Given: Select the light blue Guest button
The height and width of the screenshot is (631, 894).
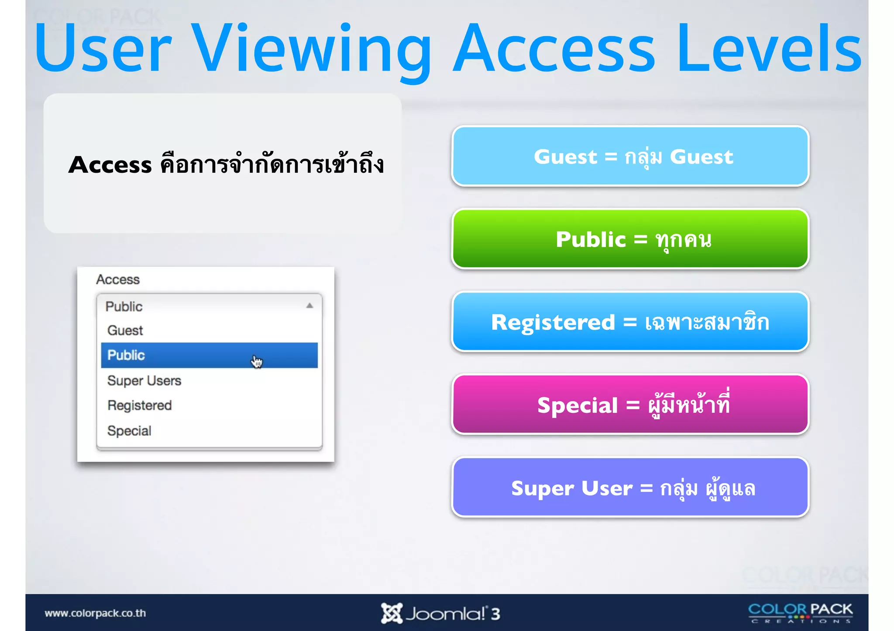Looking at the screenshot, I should (630, 157).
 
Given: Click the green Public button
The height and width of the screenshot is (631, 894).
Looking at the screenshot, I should (630, 239).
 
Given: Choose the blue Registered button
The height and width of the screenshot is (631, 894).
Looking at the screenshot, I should (630, 322).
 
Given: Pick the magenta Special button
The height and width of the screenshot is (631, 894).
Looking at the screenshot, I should (630, 405).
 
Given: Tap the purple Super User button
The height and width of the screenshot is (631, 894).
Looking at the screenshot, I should (630, 488).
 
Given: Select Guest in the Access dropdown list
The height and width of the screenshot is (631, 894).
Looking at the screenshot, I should (125, 331).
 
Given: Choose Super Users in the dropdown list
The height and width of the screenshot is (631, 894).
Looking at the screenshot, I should (144, 381).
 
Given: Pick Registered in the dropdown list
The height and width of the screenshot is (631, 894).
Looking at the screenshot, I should (140, 406).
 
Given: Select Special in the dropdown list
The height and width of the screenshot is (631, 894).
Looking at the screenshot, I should (129, 431).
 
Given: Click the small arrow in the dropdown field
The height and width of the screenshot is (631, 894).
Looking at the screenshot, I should (309, 306).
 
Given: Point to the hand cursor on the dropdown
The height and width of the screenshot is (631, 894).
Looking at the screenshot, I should (257, 362).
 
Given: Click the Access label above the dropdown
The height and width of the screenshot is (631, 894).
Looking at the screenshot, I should (118, 280).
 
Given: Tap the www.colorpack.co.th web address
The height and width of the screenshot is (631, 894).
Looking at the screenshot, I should (95, 613).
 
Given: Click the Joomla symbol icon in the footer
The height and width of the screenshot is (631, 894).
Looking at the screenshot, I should (391, 613).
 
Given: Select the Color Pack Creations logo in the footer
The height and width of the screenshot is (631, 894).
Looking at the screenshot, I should (800, 612).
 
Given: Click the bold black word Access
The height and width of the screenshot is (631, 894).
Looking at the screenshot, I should (110, 165).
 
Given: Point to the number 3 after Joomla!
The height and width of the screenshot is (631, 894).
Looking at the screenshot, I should (495, 614).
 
